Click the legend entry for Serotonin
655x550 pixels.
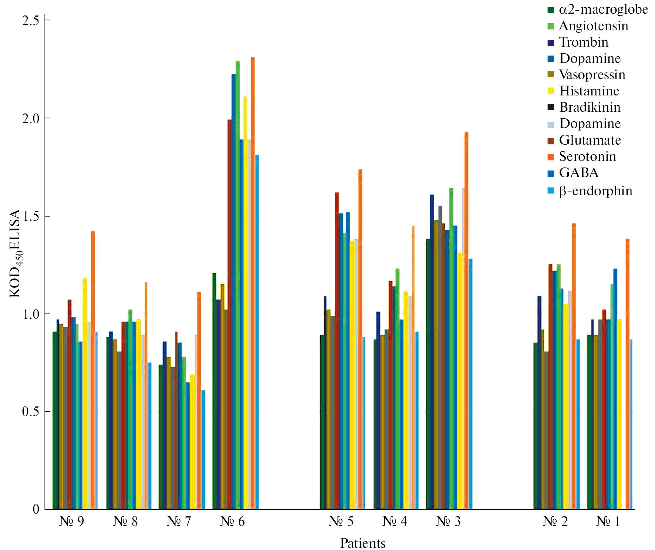click(587, 156)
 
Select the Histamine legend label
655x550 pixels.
click(589, 91)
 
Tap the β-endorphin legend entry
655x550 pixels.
click(595, 191)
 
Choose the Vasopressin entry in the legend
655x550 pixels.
click(592, 75)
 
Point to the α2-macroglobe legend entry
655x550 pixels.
click(603, 9)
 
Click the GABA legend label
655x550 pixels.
click(578, 173)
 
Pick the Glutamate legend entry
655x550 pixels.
click(590, 140)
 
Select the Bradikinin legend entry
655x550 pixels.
click(590, 107)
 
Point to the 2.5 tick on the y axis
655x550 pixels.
click(31, 20)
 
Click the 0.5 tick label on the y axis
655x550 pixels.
click(31, 411)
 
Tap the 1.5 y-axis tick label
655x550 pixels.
click(31, 216)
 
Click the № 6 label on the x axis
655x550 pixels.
click(232, 522)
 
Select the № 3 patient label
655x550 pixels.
click(448, 522)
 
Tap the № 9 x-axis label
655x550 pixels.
click(71, 522)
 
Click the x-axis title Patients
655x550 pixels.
click(363, 543)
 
